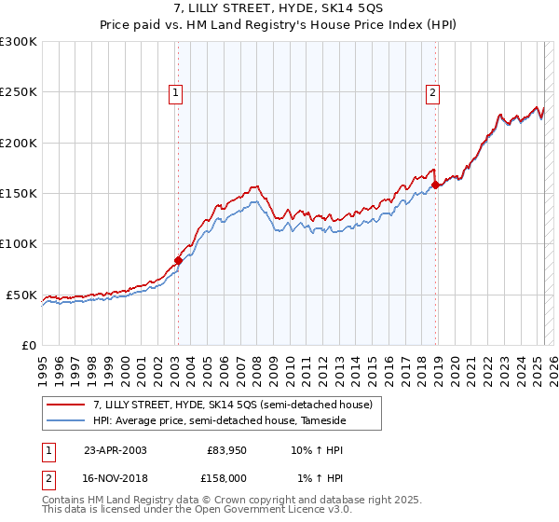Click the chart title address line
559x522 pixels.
(x=279, y=9)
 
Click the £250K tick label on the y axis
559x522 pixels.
(x=19, y=92)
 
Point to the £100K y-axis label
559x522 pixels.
(x=19, y=243)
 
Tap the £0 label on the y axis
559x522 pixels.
(x=29, y=345)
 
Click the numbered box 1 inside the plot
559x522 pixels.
(x=176, y=92)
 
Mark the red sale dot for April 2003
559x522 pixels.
(x=178, y=260)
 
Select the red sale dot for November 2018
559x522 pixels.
(x=435, y=185)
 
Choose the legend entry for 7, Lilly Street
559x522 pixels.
(x=233, y=405)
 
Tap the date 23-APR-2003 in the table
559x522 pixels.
(x=116, y=449)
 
